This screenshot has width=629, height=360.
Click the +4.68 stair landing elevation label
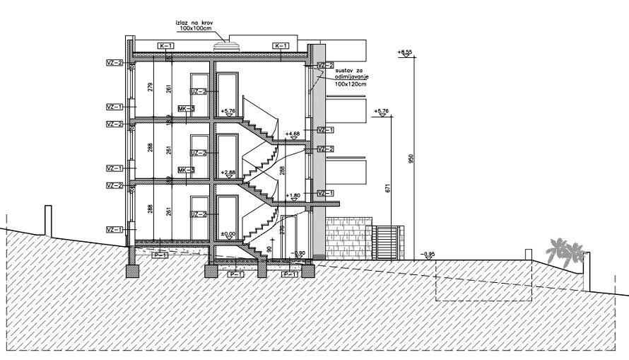pos(292,133)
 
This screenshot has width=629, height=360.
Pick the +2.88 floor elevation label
pos(228,172)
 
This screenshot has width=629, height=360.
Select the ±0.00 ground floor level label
pos(228,233)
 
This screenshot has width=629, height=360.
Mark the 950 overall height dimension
pos(411,158)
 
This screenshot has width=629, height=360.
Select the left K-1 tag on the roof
pos(165,45)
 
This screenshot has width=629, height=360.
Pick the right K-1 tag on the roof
pos(281,45)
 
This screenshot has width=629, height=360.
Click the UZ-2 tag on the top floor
pos(199,91)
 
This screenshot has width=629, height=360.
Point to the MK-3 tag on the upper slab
pos(186,108)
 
